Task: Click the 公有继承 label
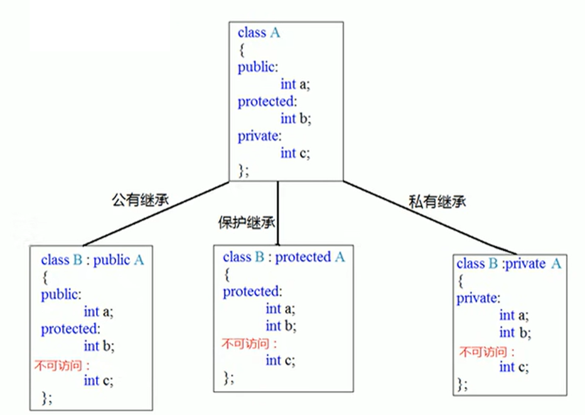(137, 200)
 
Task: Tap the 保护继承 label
(244, 222)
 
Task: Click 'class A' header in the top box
(259, 33)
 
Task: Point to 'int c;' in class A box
(296, 153)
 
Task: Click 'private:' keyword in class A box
(259, 136)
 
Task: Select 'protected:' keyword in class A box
(266, 102)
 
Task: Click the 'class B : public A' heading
(92, 260)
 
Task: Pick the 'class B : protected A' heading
(284, 257)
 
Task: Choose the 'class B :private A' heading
(508, 264)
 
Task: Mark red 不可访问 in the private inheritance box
(486, 351)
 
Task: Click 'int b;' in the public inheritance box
(99, 345)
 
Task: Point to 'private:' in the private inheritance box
(478, 298)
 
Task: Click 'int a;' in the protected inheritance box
(281, 309)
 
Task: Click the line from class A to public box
(157, 213)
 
